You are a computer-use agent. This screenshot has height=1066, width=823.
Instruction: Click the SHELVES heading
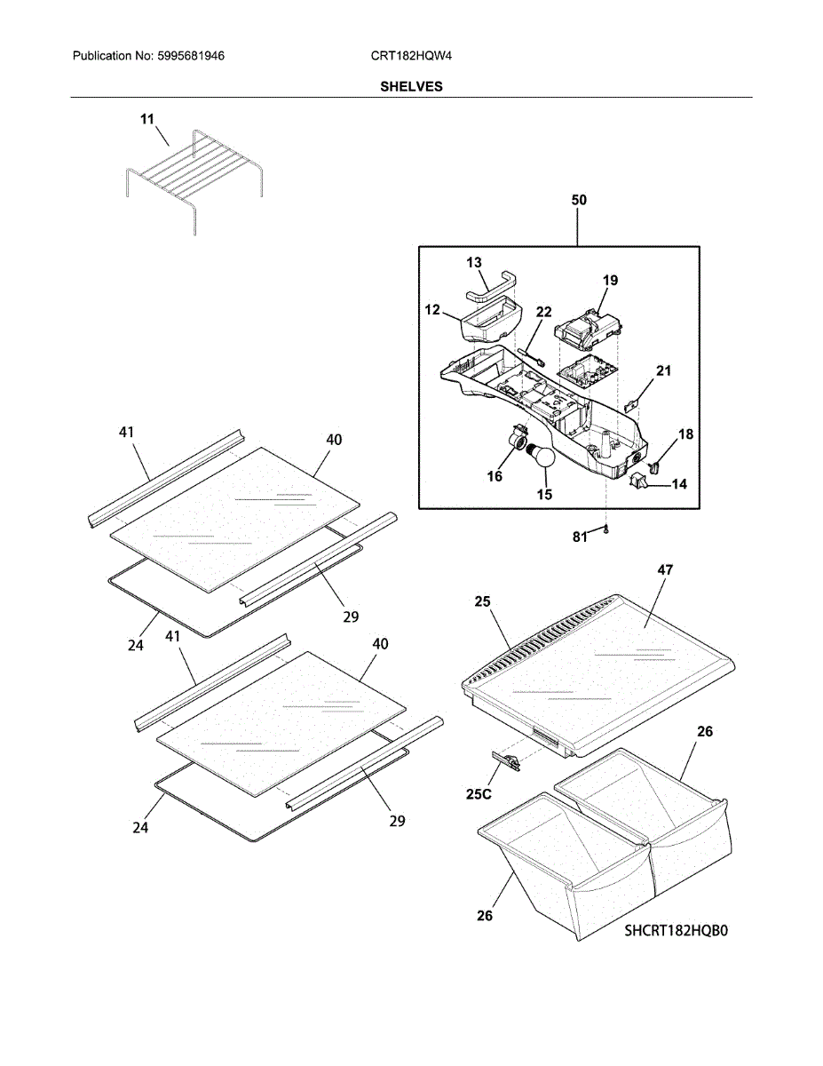coord(411,87)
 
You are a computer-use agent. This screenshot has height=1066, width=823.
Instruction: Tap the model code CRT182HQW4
coord(412,56)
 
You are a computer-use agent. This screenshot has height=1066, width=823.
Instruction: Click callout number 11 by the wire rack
coord(147,118)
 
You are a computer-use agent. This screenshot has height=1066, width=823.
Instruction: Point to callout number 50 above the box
coord(578,201)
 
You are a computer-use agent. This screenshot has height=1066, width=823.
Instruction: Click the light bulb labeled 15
coord(540,457)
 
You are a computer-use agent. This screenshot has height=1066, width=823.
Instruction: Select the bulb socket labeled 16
coord(515,442)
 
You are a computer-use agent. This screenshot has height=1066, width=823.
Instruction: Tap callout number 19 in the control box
coord(610,281)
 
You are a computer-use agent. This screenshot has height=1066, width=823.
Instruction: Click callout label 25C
coord(478,793)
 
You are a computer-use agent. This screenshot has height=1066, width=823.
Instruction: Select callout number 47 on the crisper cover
coord(665,571)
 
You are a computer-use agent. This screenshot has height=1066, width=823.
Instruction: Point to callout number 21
coord(663,370)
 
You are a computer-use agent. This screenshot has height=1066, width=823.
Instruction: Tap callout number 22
coord(543,312)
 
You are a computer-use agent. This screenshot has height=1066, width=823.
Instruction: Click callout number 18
coord(686,434)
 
